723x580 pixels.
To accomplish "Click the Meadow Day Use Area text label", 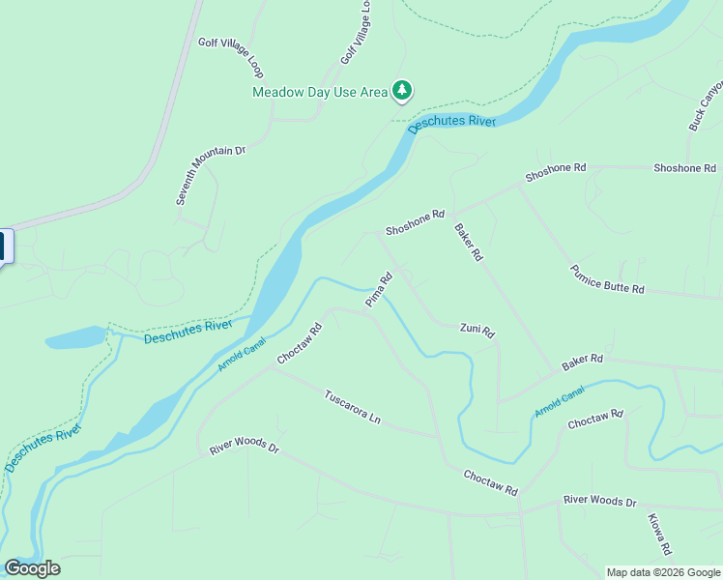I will pyautogui.click(x=319, y=93).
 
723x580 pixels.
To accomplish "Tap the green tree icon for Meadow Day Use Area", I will pyautogui.click(x=401, y=91).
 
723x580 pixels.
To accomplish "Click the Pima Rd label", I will pyautogui.click(x=378, y=291).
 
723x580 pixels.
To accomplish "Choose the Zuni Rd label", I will pyautogui.click(x=477, y=331).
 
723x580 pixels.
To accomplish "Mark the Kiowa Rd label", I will pyautogui.click(x=659, y=534).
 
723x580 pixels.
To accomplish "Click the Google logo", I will pyautogui.click(x=32, y=568).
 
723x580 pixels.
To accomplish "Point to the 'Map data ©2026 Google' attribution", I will pyautogui.click(x=663, y=572).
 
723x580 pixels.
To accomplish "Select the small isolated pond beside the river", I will pyautogui.click(x=73, y=338).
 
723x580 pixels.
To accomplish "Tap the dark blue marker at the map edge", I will pyautogui.click(x=5, y=246).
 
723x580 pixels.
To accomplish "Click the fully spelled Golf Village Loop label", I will pyautogui.click(x=231, y=57).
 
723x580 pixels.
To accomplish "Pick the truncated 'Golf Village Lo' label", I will pyautogui.click(x=356, y=33).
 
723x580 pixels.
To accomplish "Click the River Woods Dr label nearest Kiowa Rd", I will pyautogui.click(x=600, y=502).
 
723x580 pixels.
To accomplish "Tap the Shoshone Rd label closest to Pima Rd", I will pyautogui.click(x=415, y=223).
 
